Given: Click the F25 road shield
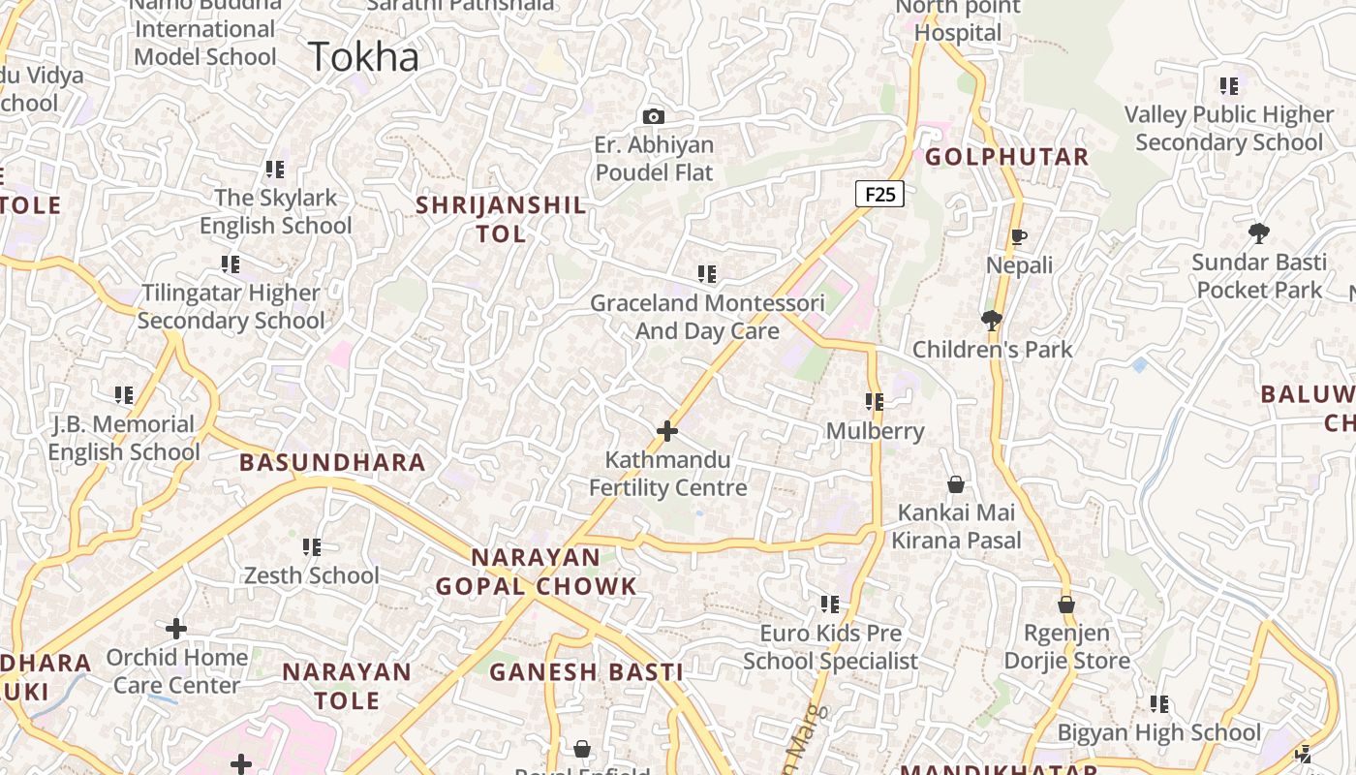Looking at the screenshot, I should point(879,194).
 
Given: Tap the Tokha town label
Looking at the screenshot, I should point(364,56).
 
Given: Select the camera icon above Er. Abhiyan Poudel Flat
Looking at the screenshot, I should point(654,116).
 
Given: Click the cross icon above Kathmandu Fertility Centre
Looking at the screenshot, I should point(667,431).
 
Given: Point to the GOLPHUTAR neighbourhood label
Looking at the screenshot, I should point(1007,157).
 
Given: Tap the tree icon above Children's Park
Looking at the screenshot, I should point(991,320).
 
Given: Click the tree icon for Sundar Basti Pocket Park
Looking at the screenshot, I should point(1258,232).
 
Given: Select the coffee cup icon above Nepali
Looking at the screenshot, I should point(1018,236).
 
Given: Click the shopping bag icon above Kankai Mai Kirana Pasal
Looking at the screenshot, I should point(956,484).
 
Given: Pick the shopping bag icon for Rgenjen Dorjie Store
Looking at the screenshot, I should point(1066,604).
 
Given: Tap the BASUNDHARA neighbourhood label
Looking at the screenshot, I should point(332,462).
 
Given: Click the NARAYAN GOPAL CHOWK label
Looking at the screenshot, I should point(536,572).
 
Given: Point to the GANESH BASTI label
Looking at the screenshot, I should point(586,671).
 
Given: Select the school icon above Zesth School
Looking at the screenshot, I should point(311,547).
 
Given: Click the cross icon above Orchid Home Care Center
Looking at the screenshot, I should point(175,629).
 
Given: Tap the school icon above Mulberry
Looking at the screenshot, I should point(875,401).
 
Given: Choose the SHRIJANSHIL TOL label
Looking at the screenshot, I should point(501,219).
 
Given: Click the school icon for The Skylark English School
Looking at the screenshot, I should point(275,170).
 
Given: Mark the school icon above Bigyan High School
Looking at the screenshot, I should point(1158,704).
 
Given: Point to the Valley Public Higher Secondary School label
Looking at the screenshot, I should point(1229,128).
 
